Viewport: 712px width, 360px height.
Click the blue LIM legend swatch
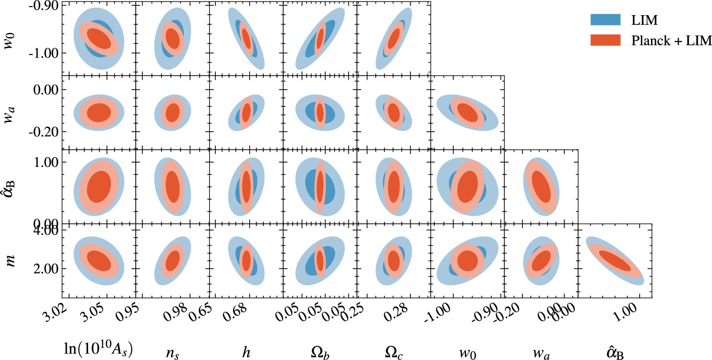click(605, 20)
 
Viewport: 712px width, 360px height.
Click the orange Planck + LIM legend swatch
click(605, 40)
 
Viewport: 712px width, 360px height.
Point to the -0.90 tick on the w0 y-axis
click(44, 6)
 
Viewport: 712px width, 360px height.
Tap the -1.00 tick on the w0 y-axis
click(44, 53)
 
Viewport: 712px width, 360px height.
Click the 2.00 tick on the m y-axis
click(46, 269)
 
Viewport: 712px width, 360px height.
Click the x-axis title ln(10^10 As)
click(98, 349)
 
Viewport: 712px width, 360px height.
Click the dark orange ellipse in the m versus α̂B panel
click(615, 261)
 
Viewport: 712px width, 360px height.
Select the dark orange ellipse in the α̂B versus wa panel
click(541, 186)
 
